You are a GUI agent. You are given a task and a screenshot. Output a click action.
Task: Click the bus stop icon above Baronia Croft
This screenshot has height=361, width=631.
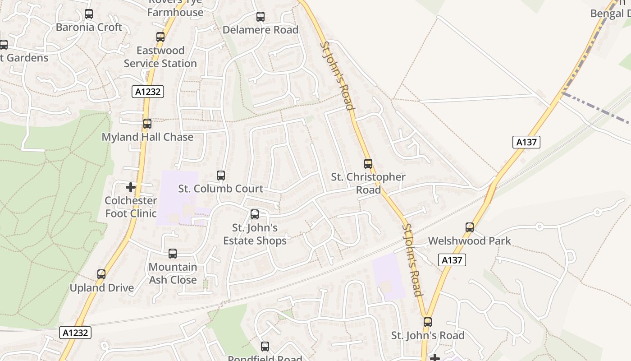89,14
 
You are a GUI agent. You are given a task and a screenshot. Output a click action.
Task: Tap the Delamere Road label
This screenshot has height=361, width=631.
261,30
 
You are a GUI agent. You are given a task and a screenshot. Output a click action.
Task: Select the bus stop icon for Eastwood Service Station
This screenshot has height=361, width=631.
160,37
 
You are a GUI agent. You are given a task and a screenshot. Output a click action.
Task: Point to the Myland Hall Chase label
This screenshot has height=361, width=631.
147,137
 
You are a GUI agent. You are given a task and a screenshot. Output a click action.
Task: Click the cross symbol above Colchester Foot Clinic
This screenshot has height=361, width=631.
131,187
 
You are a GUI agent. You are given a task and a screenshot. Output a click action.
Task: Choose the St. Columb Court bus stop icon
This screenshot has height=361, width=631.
221,176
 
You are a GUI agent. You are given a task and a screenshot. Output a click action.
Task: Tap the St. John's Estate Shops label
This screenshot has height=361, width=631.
255,234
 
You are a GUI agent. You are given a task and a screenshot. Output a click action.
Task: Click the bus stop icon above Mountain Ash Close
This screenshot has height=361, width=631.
173,254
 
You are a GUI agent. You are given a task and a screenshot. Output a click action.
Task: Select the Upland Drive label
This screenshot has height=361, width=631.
102,288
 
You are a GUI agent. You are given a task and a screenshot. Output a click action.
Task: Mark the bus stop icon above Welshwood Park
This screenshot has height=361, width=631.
470,227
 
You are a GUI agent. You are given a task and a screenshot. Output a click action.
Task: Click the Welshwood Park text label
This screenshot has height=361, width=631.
470,241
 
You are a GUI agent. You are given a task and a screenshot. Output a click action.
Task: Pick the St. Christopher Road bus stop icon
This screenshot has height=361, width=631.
368,164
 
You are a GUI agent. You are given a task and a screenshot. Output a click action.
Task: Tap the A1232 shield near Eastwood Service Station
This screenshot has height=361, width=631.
148,92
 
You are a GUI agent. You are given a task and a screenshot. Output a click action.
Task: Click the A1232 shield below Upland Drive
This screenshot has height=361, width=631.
75,333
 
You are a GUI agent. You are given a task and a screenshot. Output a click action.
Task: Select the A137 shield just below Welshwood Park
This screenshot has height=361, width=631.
452,260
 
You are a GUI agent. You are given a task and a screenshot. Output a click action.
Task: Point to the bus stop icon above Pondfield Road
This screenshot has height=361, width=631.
265,347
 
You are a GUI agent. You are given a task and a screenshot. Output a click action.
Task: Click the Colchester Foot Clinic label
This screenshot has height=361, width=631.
131,207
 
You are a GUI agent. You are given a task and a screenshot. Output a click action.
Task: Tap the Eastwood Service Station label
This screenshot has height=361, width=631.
160,57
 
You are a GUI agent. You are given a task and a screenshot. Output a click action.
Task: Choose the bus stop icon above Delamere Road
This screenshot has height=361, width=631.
261,17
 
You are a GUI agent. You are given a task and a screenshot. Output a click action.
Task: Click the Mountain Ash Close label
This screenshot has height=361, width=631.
173,273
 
